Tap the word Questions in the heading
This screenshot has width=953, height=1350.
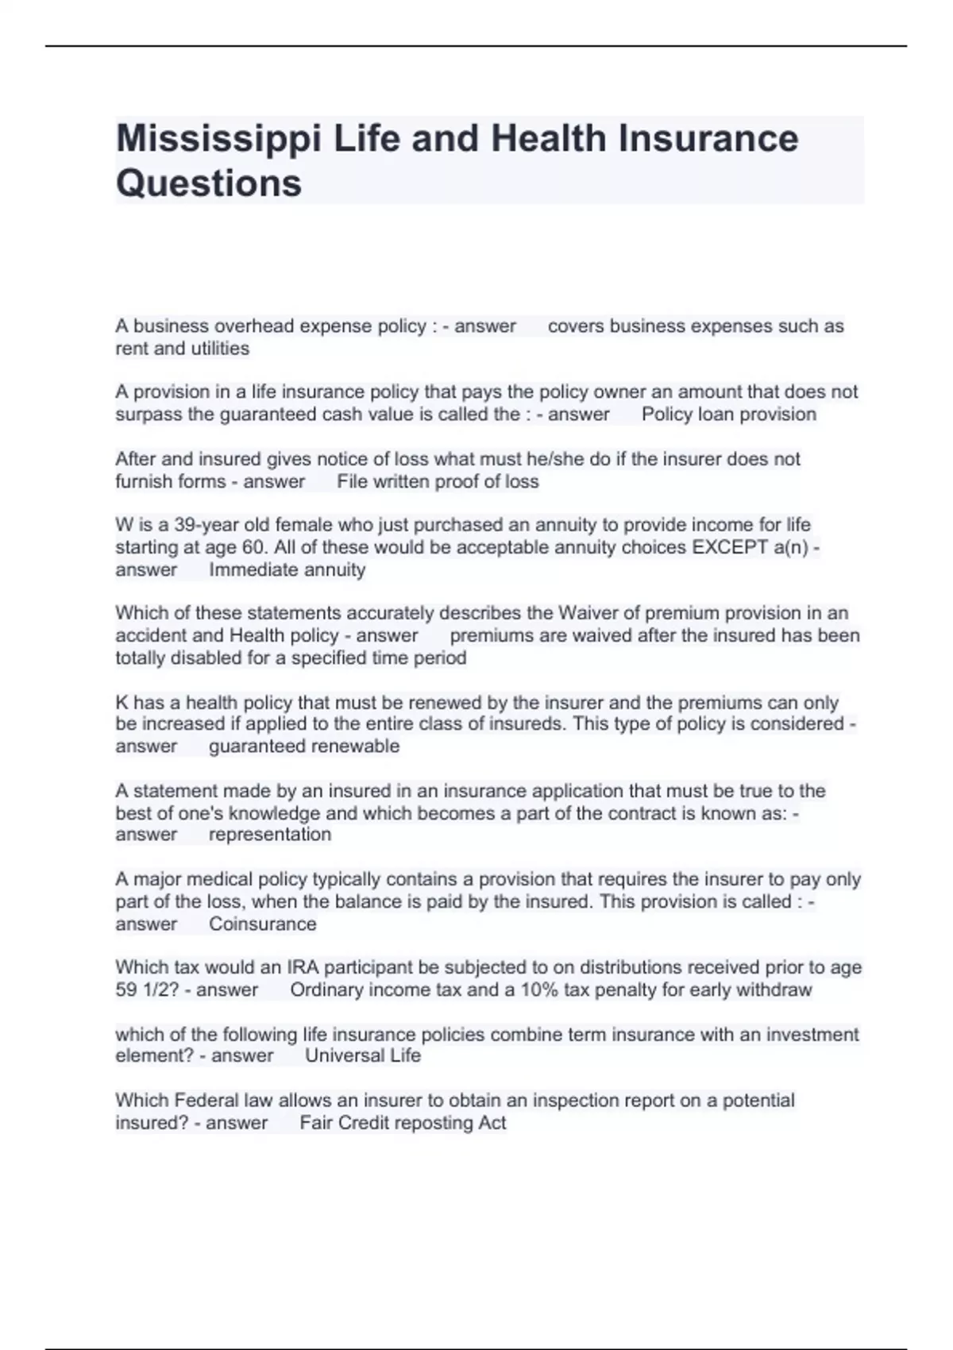tap(209, 183)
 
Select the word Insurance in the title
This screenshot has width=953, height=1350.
tap(708, 139)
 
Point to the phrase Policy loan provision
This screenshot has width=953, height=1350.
tap(728, 415)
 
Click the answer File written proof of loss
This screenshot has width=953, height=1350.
tap(438, 482)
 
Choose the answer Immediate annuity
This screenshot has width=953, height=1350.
tap(287, 570)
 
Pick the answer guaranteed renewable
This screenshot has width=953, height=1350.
tap(304, 746)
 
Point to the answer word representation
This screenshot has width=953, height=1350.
tap(270, 835)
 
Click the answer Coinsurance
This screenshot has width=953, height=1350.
tap(262, 924)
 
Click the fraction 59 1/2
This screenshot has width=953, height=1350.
tap(147, 990)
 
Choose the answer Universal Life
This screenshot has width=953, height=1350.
tap(363, 1056)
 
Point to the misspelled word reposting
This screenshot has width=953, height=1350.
tap(433, 1123)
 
